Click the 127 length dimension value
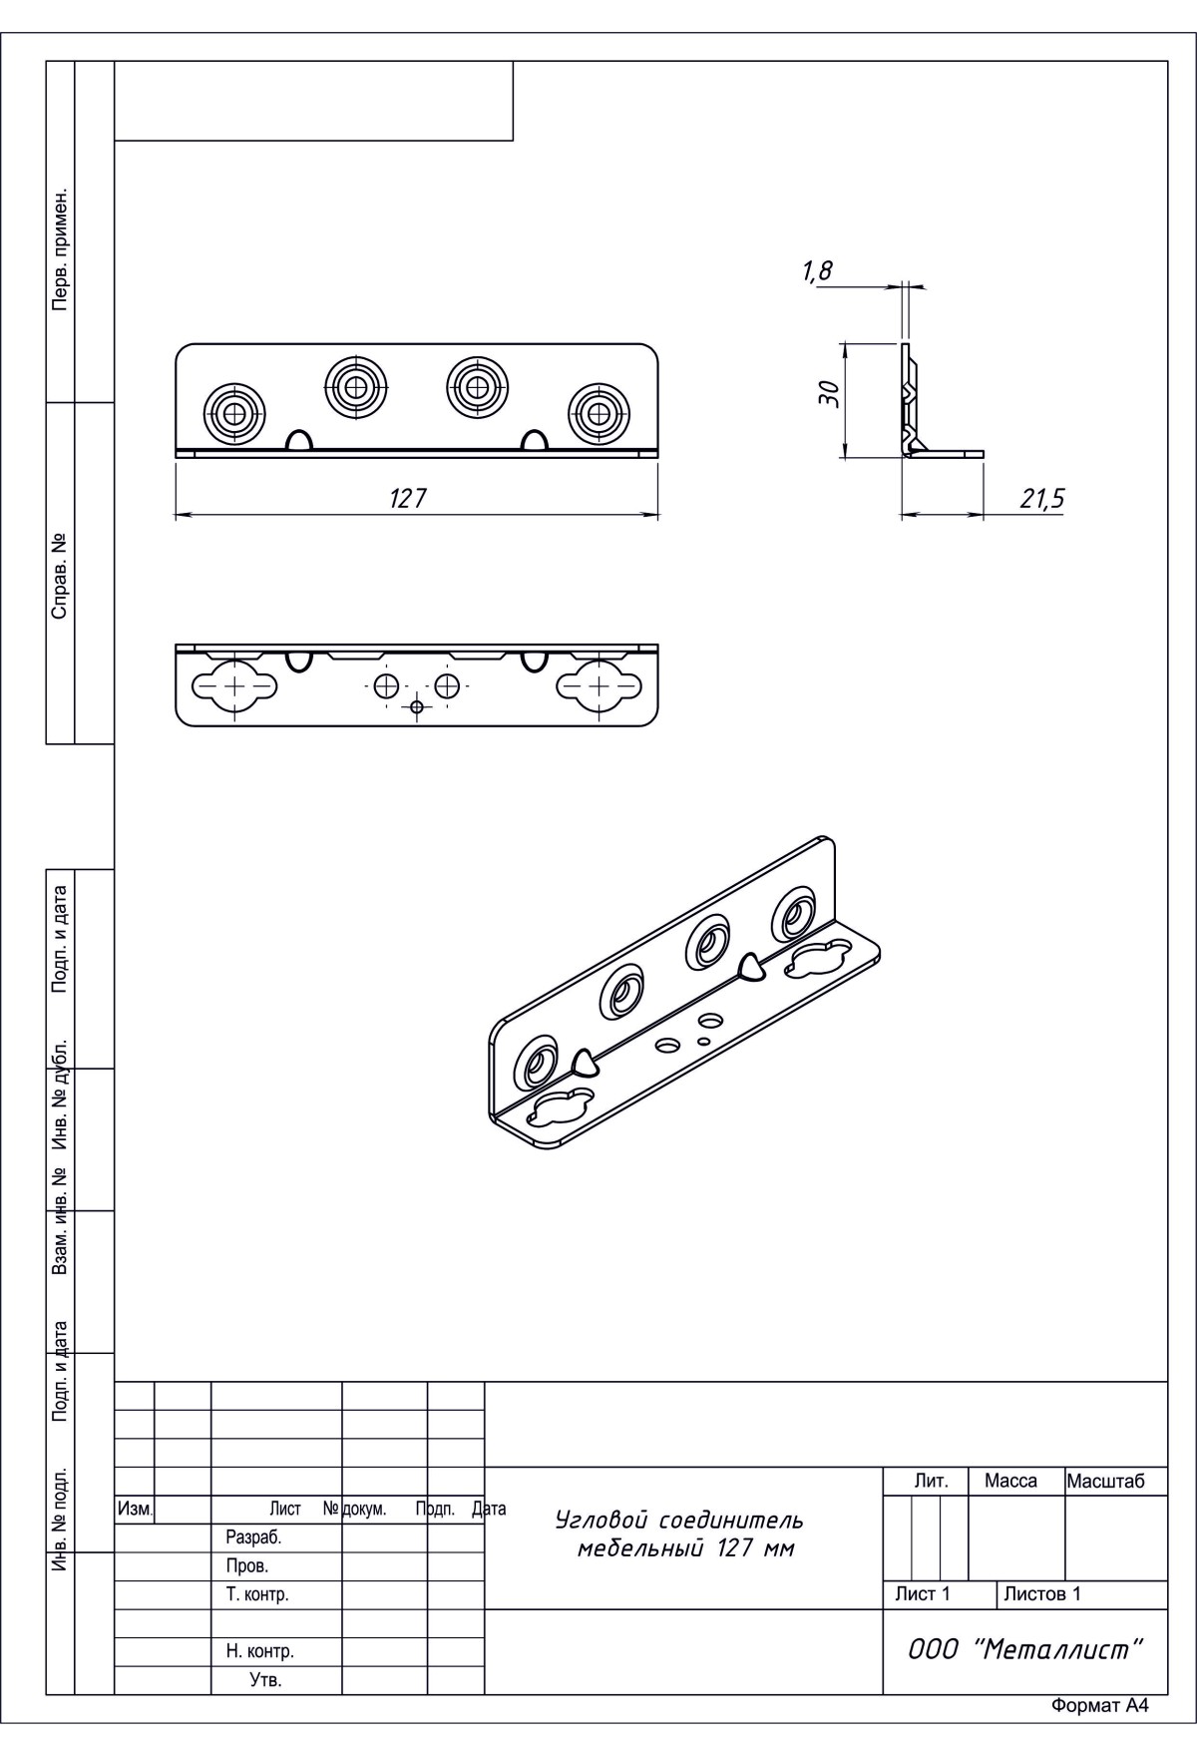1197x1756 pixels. (x=408, y=498)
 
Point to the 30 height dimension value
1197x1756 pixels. (x=828, y=396)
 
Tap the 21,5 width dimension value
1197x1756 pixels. (x=1040, y=499)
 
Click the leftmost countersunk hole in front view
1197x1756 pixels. (x=235, y=412)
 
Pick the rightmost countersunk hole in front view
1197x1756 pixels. (x=599, y=412)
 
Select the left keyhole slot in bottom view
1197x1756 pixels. (x=235, y=685)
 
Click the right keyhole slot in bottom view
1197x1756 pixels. (x=598, y=685)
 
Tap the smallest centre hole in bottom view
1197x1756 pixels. (x=417, y=706)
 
